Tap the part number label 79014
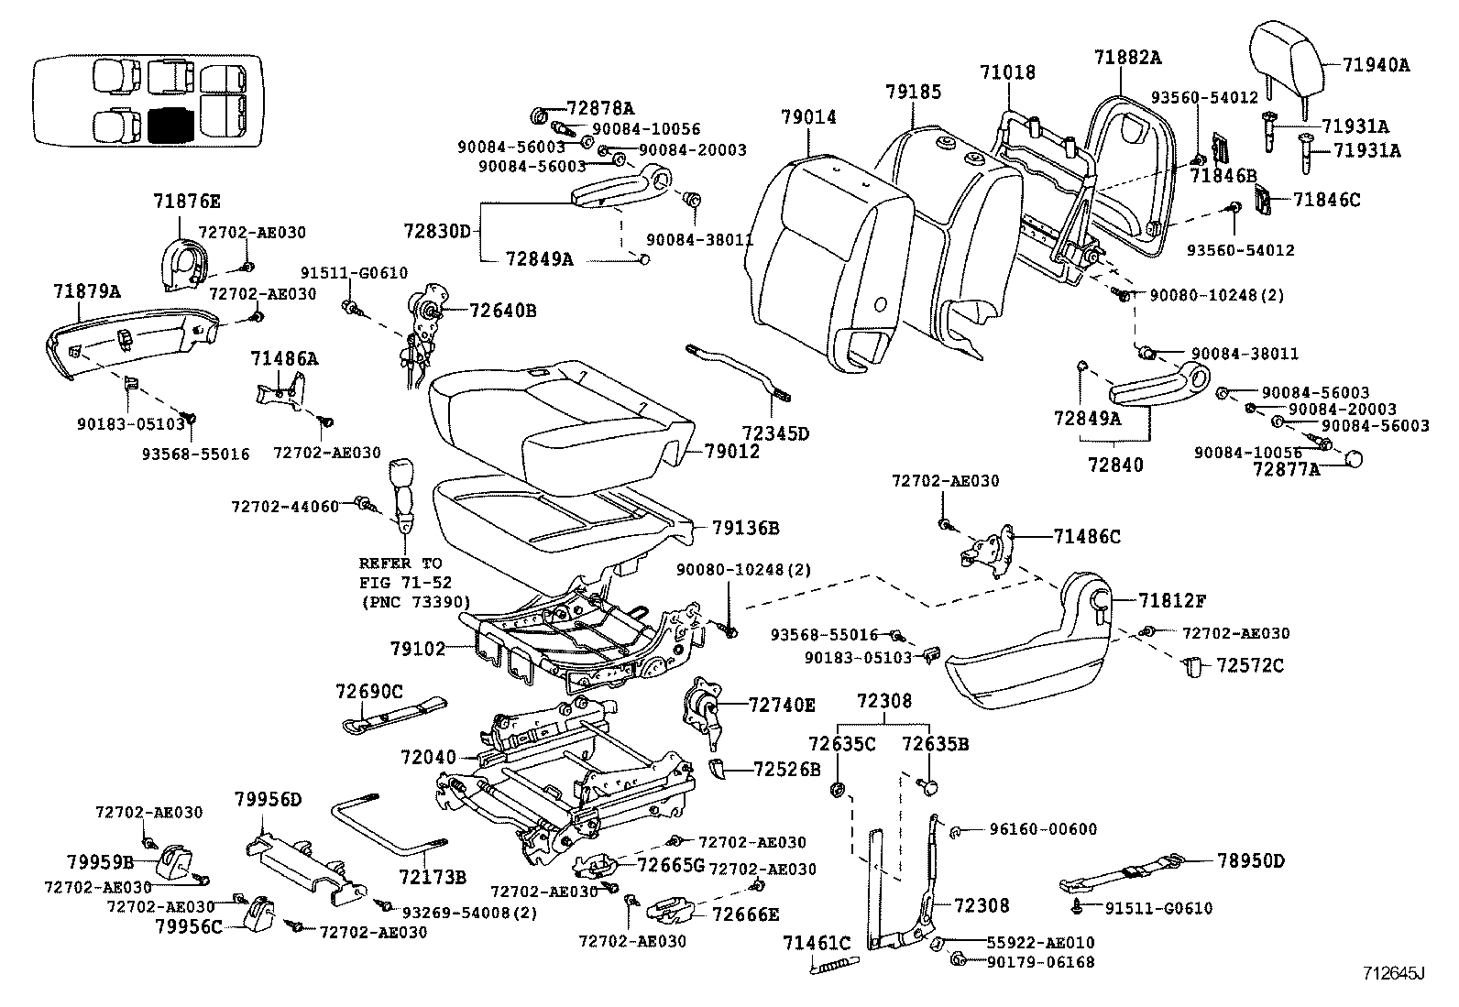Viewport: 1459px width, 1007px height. point(808,116)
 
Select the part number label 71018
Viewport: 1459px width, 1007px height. point(1007,71)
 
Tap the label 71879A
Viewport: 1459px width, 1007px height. point(86,291)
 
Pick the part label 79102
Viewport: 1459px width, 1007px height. point(417,649)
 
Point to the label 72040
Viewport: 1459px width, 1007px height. point(427,758)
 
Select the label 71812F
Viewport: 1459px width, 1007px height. point(1172,601)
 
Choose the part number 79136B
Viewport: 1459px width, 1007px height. point(746,528)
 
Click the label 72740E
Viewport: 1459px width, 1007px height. point(782,705)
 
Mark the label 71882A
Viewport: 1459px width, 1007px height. point(1127,57)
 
